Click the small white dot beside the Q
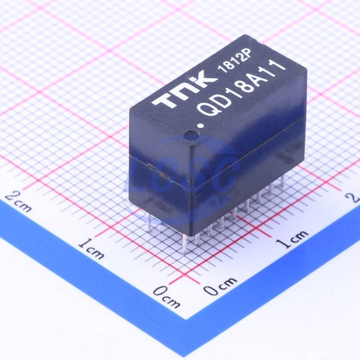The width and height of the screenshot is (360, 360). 201,126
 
